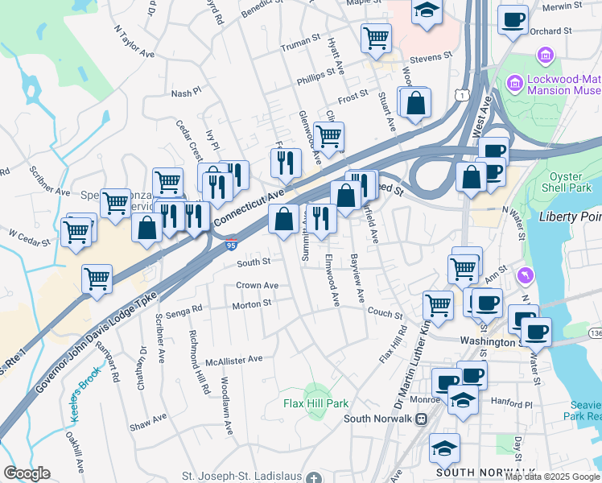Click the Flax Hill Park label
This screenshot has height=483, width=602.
[x=315, y=403]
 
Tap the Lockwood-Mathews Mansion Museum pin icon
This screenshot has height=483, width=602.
[x=513, y=83]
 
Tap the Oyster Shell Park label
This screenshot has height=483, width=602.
[x=571, y=184]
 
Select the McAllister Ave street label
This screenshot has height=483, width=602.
[x=233, y=359]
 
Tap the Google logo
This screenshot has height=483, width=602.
[x=27, y=473]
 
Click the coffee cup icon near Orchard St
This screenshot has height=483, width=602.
[x=512, y=19]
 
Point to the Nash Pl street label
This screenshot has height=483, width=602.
[x=185, y=93]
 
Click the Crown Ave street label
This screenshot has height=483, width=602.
[x=257, y=285]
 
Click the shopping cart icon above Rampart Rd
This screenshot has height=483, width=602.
[x=97, y=279]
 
